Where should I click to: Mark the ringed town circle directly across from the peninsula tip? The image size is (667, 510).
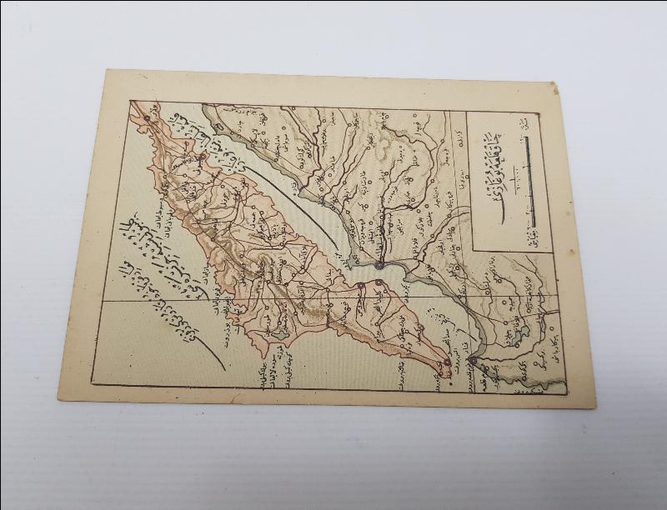(x=473, y=360)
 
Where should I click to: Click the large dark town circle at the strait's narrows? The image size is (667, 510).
(x=380, y=266)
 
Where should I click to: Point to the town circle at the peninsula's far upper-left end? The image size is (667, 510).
(x=147, y=118)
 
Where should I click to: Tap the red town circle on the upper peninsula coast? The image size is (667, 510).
(x=203, y=155)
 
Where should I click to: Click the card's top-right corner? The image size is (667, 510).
(x=554, y=83)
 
